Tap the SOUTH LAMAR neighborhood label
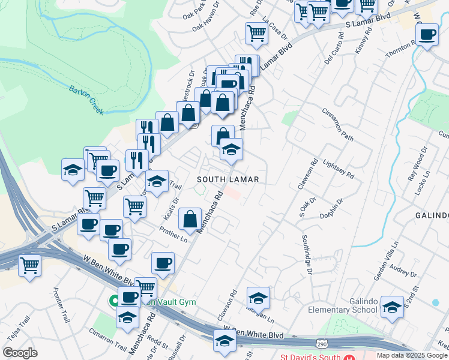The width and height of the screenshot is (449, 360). coord(228,179)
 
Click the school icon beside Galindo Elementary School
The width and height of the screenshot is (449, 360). coord(392,308)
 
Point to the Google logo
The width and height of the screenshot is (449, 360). coord(19,353)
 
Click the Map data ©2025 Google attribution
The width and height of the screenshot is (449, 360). coord(412,355)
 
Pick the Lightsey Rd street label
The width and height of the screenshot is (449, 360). coord(338,167)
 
